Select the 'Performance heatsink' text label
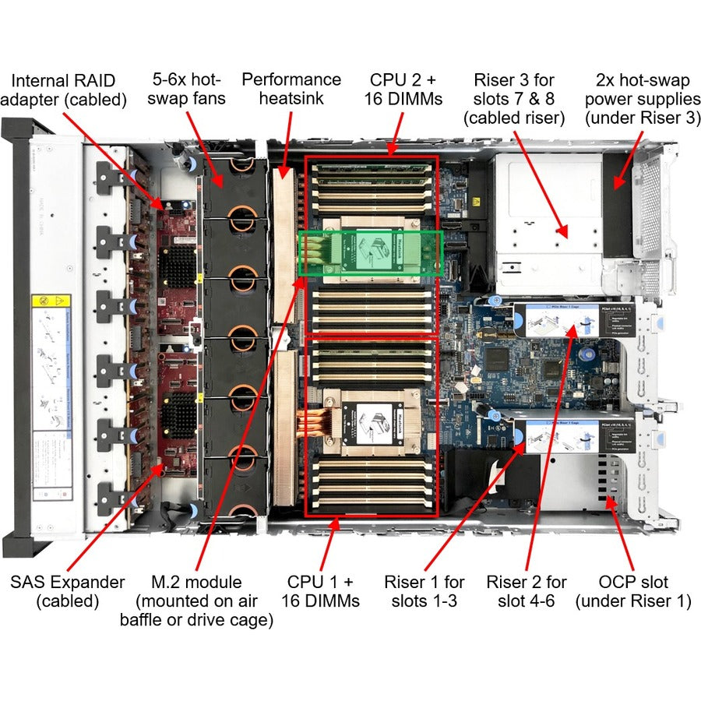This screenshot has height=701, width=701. (x=291, y=89)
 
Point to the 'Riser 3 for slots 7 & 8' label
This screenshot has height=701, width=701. (x=513, y=98)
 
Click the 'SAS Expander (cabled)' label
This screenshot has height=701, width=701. (x=67, y=591)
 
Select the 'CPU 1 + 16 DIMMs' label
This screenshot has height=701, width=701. (x=320, y=591)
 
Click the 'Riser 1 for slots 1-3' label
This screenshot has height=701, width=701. (x=424, y=591)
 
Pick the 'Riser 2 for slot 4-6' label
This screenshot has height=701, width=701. (x=526, y=591)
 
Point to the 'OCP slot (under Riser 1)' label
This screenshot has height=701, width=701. (x=633, y=591)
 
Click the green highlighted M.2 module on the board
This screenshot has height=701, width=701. (x=371, y=252)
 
